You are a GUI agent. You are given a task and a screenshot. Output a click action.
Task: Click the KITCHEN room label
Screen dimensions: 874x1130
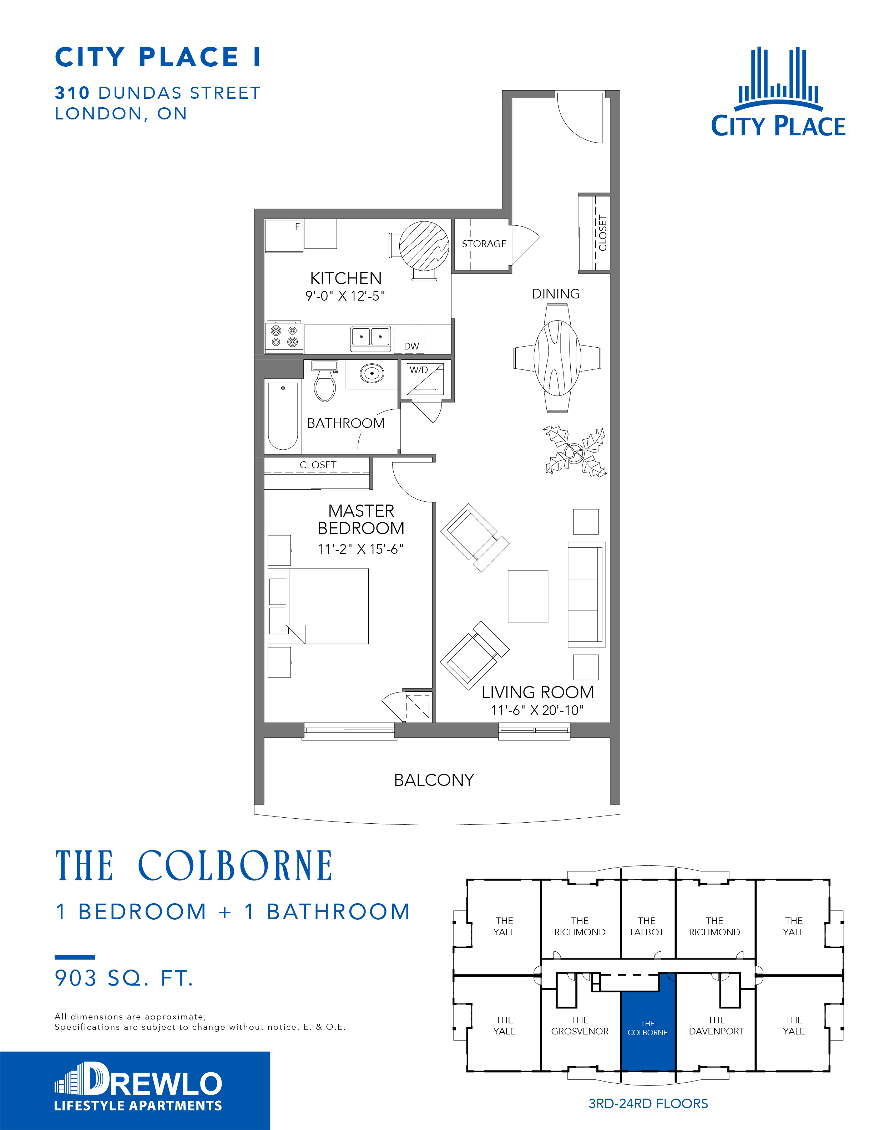tap(346, 278)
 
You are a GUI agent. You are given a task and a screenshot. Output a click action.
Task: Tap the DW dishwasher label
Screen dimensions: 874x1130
tap(411, 346)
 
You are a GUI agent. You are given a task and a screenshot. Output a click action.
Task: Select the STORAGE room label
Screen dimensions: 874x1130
tap(484, 244)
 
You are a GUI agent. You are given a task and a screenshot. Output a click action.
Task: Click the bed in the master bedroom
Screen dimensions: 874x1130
tap(318, 607)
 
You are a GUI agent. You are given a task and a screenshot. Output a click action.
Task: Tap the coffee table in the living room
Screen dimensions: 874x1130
tap(527, 597)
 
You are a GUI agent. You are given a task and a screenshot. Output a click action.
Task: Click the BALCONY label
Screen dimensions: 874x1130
tap(434, 780)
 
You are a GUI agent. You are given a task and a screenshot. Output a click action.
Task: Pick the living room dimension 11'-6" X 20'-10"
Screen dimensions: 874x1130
tap(537, 710)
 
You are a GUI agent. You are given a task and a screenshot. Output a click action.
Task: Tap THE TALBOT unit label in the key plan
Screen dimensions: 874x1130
tap(646, 926)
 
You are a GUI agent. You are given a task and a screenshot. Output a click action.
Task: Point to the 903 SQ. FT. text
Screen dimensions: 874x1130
tap(124, 978)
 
